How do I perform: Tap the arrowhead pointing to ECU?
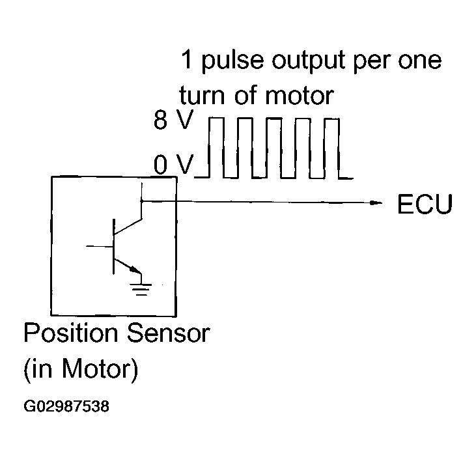click(377, 203)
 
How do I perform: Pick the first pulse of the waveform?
click(216, 148)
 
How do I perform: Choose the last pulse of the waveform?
click(331, 148)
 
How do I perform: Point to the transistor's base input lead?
click(99, 247)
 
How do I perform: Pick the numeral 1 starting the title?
click(186, 61)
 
